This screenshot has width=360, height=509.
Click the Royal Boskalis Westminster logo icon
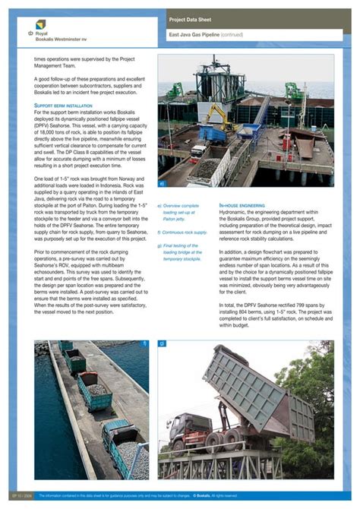tap(30, 33)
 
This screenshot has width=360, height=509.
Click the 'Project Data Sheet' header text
tap(190, 18)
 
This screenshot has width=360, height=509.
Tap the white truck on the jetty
tap(197, 150)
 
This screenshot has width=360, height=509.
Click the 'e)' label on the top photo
tap(161, 183)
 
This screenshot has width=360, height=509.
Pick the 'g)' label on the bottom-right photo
tap(162, 343)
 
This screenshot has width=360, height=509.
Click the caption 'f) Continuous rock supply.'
tap(182, 232)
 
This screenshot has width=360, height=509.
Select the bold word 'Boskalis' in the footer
tap(203, 495)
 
